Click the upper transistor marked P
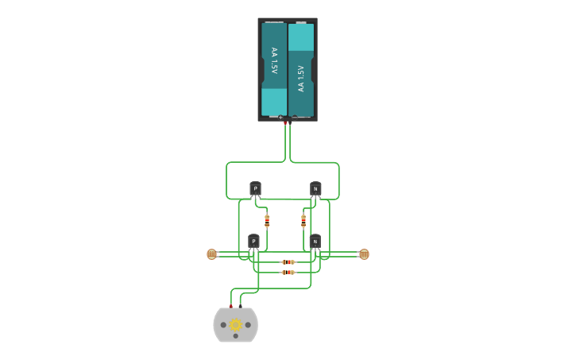coord(255,188)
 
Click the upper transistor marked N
coord(315,188)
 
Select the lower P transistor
coord(253,240)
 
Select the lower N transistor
coord(315,240)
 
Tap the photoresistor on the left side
coord(211,254)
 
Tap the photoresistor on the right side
coord(364,254)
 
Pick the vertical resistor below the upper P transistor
coord(267,220)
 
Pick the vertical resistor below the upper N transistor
coord(303,220)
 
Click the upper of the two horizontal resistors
coord(288,261)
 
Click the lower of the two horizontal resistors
coord(288,272)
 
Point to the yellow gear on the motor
coord(236,324)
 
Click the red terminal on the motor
coord(231,306)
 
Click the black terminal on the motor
coord(241,306)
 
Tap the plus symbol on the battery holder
coord(280,118)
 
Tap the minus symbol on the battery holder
coord(294,118)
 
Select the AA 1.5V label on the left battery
coord(274,61)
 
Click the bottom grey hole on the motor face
coord(236,339)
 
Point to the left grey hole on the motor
coord(223,325)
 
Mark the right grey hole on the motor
coord(249,325)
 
